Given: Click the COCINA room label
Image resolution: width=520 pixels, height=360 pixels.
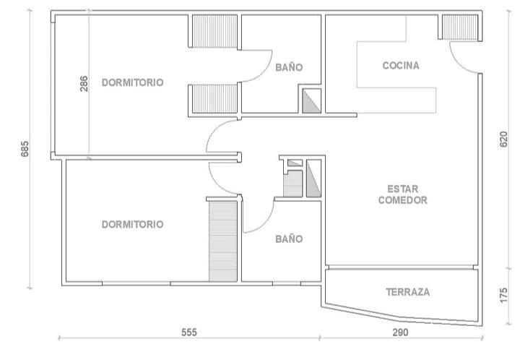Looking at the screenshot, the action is pos(401,65).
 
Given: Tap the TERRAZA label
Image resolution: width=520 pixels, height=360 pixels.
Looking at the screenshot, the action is pos(407,292).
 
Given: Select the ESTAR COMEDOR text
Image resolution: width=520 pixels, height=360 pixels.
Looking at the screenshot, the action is pos(402,194).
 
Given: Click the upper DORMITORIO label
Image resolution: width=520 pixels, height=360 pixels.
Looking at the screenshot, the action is pos(132,82).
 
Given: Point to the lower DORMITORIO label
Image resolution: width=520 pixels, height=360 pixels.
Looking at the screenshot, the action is pos(132,224).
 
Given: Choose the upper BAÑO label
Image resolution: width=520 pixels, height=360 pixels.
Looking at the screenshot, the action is pos(289,67).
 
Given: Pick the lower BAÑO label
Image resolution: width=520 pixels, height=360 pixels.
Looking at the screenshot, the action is pos(289,239).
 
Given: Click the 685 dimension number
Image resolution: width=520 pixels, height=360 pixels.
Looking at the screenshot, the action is pos(25,149).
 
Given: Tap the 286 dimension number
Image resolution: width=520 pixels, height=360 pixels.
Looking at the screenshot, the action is pos(84,84).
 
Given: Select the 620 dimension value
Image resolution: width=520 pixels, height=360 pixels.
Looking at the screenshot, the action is pos(503,140).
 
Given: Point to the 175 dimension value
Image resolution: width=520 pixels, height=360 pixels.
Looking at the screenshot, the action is pos(503,295).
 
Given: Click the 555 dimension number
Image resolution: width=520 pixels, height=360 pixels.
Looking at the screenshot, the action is pos(189,332).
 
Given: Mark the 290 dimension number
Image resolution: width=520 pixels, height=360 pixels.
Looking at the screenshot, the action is pos(400,332).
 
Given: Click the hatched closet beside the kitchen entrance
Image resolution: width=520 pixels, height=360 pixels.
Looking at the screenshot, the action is pos(460,27).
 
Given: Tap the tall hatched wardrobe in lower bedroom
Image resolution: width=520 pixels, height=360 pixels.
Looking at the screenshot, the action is pos(223,241).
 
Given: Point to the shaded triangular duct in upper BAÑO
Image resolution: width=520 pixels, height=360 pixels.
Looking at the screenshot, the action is pos(311,101).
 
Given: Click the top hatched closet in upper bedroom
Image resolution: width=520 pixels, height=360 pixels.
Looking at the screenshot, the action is pos(215,31).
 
